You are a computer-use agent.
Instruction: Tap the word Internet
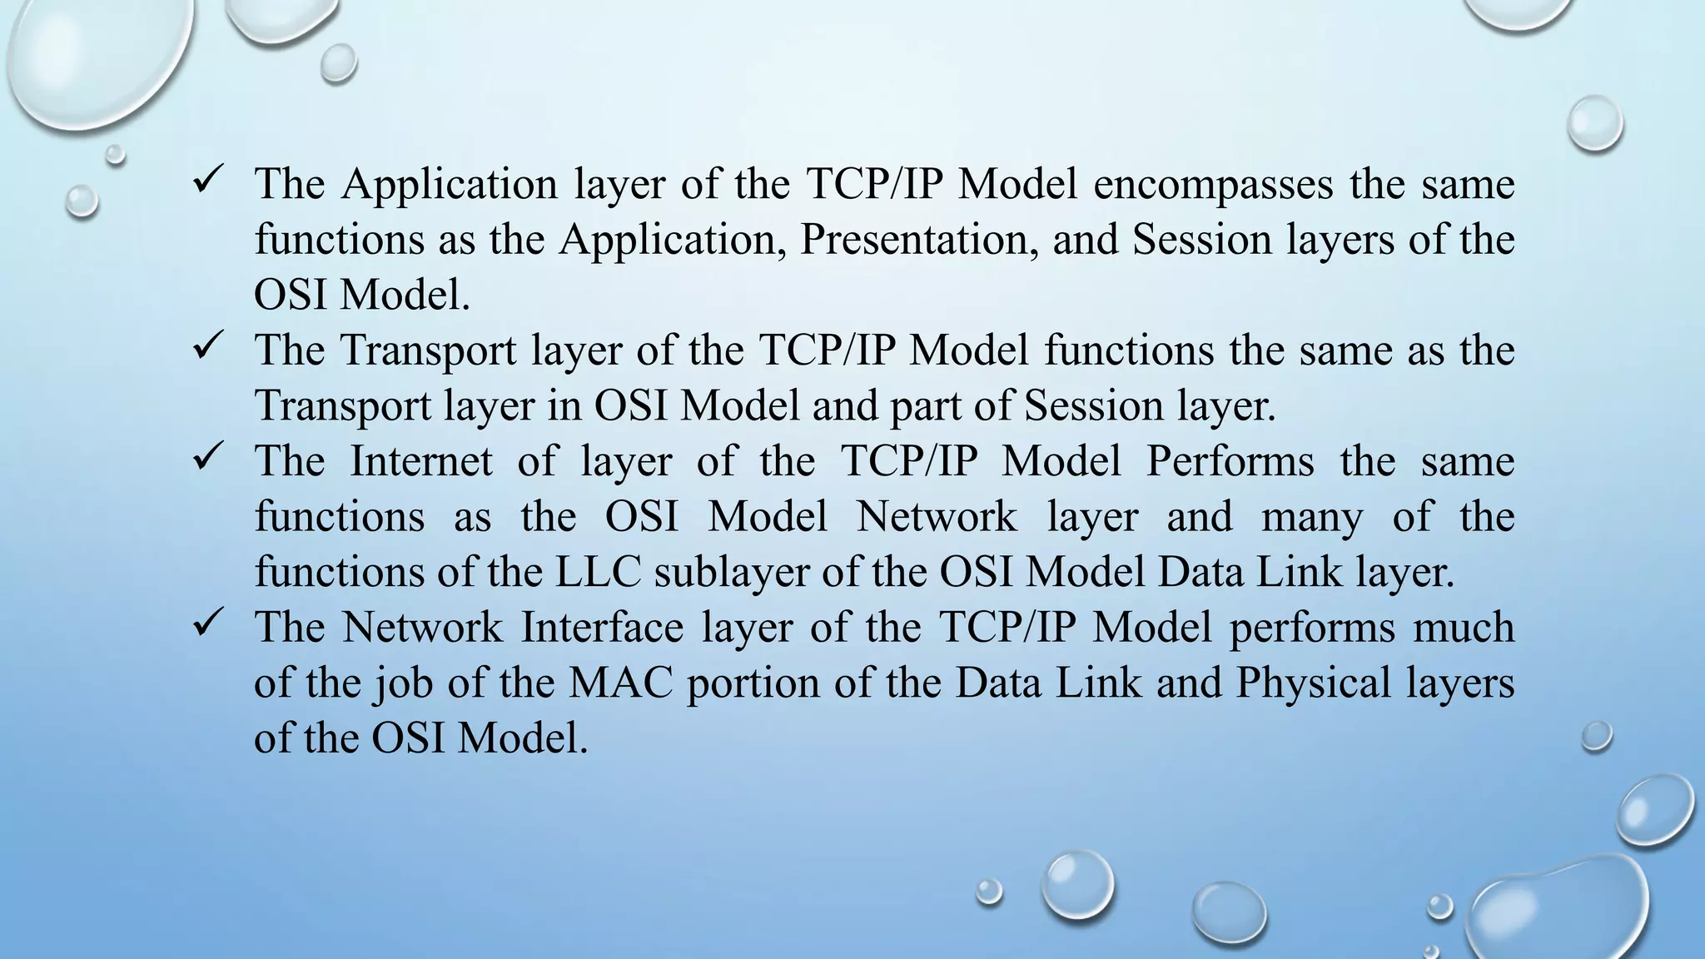click(420, 461)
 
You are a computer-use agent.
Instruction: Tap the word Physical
click(1314, 683)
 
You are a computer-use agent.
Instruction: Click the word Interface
click(602, 627)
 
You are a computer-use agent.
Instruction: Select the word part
click(923, 406)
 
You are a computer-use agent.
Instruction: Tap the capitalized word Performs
click(1230, 461)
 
